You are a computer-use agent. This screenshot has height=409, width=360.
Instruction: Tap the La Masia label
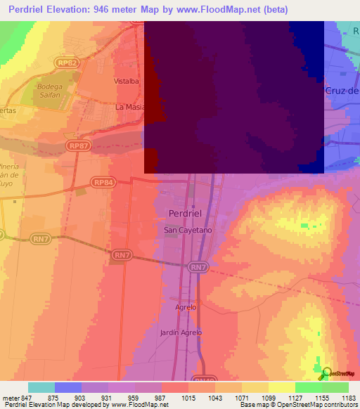(x=130, y=107)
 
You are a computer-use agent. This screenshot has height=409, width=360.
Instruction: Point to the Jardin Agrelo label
(x=181, y=332)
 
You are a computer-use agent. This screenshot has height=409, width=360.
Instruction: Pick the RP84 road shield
(x=103, y=183)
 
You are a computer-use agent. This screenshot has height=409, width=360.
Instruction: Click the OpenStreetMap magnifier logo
(x=326, y=372)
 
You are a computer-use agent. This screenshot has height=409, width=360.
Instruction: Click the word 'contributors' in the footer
(x=340, y=405)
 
